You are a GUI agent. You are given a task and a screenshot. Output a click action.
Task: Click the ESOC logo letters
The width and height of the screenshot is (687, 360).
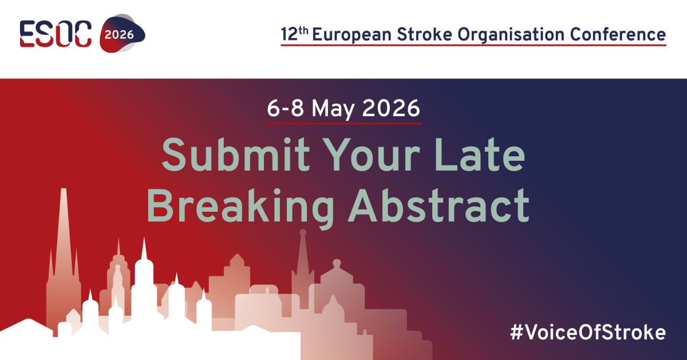tap(56, 34)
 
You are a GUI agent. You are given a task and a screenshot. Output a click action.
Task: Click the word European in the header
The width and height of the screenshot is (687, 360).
tap(347, 34)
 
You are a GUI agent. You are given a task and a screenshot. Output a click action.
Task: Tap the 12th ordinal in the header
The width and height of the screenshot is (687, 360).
tap(294, 34)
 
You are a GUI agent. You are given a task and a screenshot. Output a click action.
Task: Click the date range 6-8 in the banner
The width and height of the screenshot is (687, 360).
tap(285, 108)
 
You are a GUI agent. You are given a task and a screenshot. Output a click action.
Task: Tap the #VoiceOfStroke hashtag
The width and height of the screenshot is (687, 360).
tap(588, 333)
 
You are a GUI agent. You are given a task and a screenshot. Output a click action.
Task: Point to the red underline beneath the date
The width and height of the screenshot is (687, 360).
tap(343, 122)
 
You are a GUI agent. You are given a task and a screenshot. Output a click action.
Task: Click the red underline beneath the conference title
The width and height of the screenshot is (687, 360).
tap(473, 45)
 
